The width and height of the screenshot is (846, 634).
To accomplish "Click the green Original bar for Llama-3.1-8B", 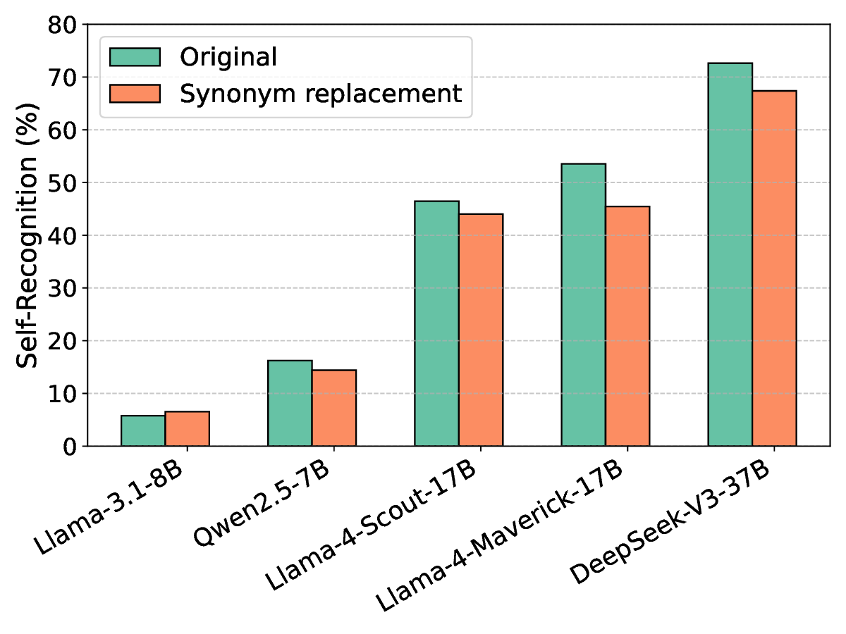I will (x=143, y=430).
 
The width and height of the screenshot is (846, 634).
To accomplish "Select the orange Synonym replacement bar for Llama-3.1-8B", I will (x=187, y=428).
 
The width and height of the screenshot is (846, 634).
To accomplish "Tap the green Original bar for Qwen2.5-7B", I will (x=290, y=403).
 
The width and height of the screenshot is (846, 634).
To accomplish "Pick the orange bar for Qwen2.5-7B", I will (x=333, y=408).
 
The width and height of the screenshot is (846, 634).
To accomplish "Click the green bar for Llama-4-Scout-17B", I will (x=436, y=323).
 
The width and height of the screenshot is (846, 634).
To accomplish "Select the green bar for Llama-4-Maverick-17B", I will (x=583, y=305).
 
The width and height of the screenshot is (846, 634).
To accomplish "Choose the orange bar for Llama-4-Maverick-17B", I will (x=627, y=326).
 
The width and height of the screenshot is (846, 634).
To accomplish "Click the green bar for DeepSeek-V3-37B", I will (x=730, y=254).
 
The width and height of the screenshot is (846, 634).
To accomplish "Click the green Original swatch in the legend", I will (x=135, y=57).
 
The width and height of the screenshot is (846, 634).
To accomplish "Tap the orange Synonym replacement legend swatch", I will (x=135, y=93).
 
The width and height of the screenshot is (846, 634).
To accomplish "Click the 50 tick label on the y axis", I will (x=64, y=183).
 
